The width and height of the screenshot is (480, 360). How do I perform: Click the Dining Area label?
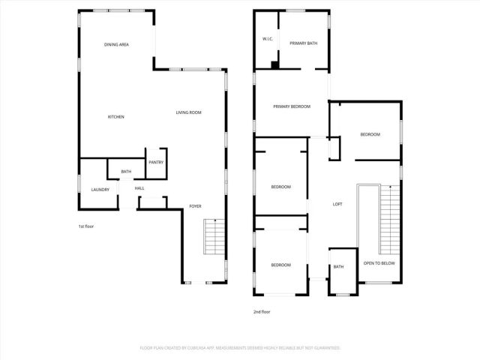[x=117, y=45]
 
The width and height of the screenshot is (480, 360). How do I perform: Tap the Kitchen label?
[x=116, y=117]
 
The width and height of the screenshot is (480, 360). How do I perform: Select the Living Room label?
[x=189, y=112]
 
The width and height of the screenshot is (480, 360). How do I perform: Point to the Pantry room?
[x=156, y=163]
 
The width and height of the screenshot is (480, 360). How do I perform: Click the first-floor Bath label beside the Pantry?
[x=126, y=172]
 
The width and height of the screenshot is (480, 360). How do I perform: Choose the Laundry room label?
[x=100, y=190]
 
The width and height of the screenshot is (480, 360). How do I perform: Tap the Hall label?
[x=139, y=188]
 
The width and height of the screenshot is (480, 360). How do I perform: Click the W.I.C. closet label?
[x=267, y=38]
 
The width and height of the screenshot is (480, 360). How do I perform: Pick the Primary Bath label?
[x=304, y=43]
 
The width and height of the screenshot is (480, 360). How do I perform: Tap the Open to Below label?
[x=379, y=263]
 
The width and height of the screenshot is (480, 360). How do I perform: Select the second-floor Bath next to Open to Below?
[x=339, y=267]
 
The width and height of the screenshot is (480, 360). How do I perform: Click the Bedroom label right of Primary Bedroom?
[x=370, y=134]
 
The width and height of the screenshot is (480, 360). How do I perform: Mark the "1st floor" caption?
[x=86, y=226]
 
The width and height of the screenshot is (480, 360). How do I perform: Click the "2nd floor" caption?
[x=262, y=311]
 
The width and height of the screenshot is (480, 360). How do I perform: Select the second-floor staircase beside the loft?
[x=390, y=220]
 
